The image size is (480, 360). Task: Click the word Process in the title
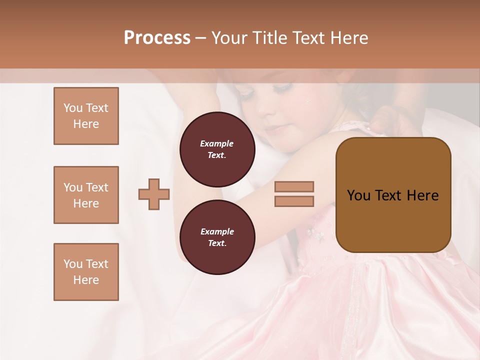click(157, 38)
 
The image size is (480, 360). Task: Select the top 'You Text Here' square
click(86, 116)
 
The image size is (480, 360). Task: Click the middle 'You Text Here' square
click(86, 195)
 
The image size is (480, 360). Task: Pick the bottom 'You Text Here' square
click(86, 272)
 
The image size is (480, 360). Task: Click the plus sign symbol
click(154, 193)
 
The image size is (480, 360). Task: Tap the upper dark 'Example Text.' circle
click(217, 149)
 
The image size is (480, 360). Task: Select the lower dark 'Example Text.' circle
click(217, 237)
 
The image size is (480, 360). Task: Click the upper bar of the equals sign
click(294, 186)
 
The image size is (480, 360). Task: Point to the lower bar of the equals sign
click(294, 201)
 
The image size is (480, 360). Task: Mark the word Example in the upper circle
click(216, 143)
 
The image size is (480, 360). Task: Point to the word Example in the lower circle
click(217, 231)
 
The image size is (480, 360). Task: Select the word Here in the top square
click(86, 124)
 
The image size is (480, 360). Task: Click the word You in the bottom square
click(73, 264)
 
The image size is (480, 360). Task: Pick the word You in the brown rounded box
click(358, 195)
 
